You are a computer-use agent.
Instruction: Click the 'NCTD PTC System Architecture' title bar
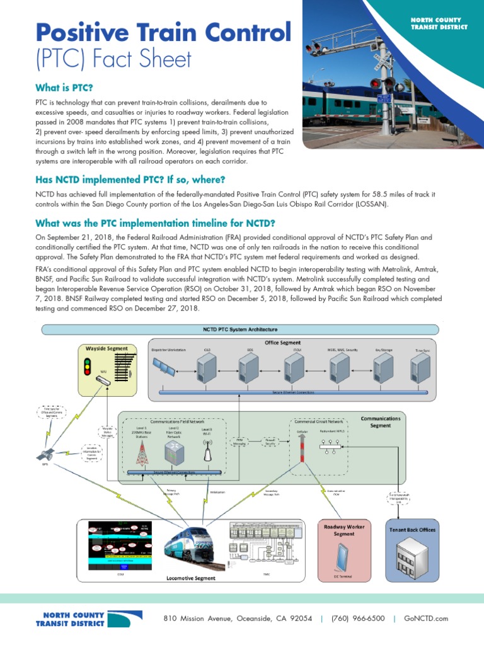click(239, 329)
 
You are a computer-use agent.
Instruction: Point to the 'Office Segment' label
click(282, 343)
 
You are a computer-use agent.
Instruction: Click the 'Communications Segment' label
click(380, 421)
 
